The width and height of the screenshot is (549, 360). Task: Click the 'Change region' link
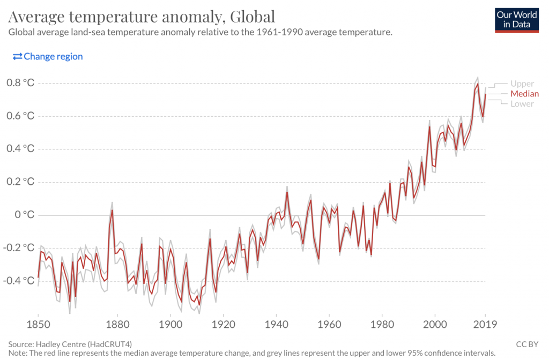tap(48, 56)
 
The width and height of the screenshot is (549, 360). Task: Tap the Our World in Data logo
tap(516, 20)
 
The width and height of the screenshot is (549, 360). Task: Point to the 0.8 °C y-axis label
tap(21, 83)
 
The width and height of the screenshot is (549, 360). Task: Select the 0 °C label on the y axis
tap(25, 215)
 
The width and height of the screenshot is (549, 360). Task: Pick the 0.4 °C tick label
tap(21, 149)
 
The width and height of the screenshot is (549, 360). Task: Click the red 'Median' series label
tap(524, 94)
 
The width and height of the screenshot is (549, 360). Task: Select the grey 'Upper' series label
tap(522, 84)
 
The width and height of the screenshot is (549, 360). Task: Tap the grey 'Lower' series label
tap(522, 104)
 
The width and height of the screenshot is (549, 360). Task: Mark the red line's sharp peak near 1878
tap(112, 210)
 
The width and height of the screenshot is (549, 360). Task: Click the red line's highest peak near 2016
tap(477, 84)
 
